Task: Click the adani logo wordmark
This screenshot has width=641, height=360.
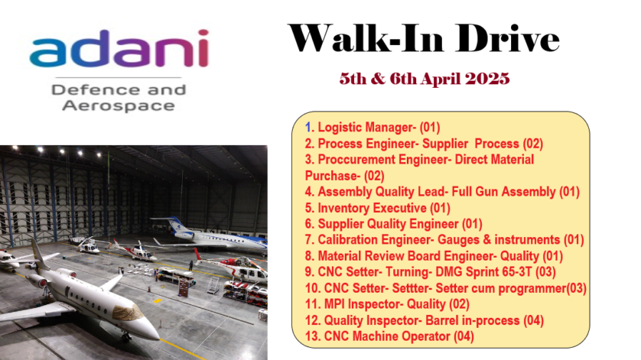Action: (119, 48)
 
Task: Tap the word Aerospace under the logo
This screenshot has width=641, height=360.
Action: (119, 105)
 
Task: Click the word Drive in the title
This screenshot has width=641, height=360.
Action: (507, 38)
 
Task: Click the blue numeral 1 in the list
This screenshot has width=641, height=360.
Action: (309, 128)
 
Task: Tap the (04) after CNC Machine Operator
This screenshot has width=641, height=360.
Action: (464, 337)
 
